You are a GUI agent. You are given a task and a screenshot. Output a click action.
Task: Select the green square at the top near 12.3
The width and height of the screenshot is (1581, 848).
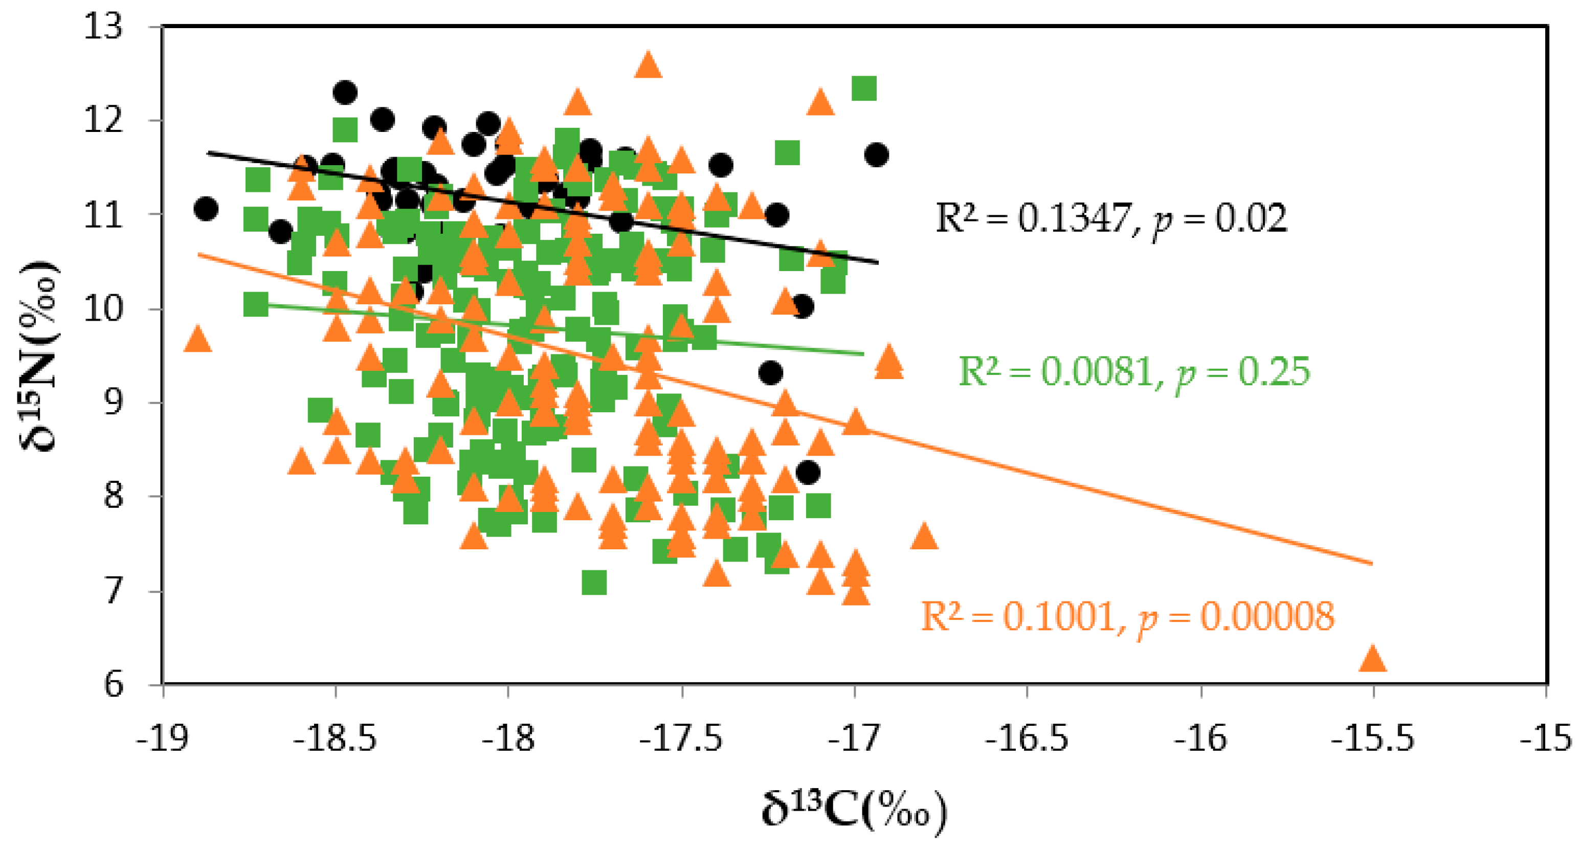[x=864, y=88]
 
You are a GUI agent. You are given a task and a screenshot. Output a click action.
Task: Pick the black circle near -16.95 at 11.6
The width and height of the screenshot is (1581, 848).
[x=876, y=154]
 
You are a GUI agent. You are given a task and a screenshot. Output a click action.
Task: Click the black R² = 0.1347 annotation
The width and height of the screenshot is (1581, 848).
[x=1111, y=218]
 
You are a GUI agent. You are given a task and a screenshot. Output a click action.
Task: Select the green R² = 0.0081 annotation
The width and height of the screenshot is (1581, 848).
[x=1134, y=372]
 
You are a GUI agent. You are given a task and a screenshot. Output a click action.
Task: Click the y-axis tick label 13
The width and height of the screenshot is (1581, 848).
[x=103, y=27]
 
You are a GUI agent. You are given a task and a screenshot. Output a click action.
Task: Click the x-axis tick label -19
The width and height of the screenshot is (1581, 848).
[x=162, y=739]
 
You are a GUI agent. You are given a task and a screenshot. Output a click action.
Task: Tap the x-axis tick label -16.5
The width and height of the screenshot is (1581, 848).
[x=1026, y=739]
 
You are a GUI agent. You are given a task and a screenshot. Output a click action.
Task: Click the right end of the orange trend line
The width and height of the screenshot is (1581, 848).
[x=1370, y=563]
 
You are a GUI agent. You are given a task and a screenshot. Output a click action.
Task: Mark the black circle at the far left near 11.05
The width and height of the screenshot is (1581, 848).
[x=206, y=209]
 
